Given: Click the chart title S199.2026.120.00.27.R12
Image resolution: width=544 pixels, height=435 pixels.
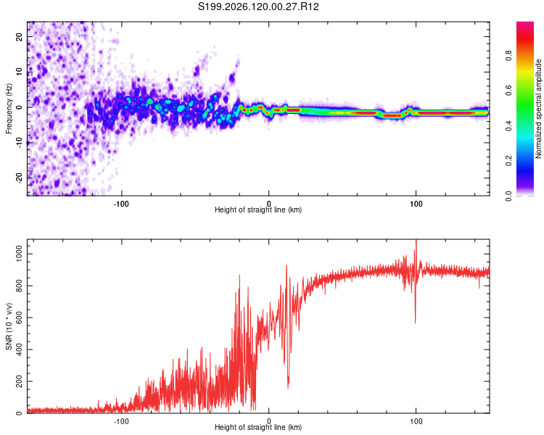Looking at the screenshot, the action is [258, 7].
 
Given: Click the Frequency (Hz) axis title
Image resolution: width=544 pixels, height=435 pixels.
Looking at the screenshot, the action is [9, 109].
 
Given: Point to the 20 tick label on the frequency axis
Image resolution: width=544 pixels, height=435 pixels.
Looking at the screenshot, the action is [19, 36].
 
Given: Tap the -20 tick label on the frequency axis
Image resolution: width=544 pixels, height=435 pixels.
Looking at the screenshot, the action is [19, 178].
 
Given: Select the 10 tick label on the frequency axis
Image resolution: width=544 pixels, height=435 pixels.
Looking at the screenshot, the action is [19, 72].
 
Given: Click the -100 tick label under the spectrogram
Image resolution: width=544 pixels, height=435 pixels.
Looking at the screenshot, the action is [120, 204].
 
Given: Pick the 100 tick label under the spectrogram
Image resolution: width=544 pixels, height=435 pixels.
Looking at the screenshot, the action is [416, 204].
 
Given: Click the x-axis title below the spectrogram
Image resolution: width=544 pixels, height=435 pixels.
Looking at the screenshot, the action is [258, 210].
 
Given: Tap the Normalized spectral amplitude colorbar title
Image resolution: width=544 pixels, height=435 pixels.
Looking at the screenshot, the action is [538, 109].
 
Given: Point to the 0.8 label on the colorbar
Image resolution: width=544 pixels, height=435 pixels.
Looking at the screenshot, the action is [508, 56].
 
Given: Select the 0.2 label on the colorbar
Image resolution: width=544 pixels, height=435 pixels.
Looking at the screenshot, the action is [508, 161].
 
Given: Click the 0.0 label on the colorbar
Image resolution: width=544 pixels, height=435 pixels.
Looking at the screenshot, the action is [508, 196].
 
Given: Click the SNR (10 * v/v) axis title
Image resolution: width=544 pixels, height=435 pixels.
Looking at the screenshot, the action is [9, 326].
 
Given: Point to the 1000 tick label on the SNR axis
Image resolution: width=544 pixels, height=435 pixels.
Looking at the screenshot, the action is [19, 254].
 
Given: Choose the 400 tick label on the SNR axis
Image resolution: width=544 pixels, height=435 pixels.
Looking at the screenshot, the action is [19, 349].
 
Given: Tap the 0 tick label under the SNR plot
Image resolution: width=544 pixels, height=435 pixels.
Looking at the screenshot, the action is [268, 421].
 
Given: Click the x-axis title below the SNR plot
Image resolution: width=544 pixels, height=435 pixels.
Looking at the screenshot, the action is [258, 427].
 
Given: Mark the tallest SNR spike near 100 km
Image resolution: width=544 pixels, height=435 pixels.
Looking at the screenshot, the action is [416, 241].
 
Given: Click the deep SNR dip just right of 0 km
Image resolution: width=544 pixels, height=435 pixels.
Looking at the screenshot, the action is [288, 386].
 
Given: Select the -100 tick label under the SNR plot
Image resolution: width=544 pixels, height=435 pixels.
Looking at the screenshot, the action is [120, 421].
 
